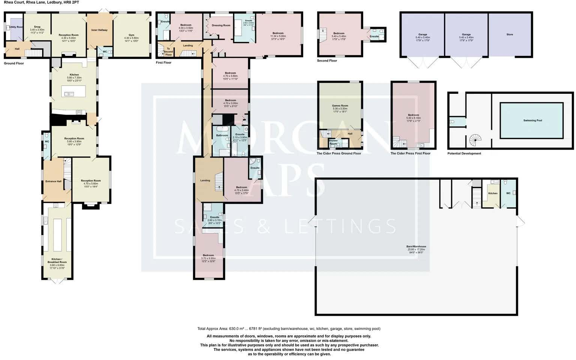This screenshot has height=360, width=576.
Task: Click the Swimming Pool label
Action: (533, 120)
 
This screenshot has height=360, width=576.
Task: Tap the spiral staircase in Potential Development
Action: (475, 141)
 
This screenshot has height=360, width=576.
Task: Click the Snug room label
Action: (37, 27)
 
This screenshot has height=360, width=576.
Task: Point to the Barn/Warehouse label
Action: (416, 247)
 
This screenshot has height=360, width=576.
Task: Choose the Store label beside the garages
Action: (510, 34)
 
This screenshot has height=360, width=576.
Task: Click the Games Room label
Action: (340, 106)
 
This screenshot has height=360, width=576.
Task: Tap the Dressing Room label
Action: (221, 25)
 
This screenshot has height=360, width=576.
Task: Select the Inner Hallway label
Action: (99, 30)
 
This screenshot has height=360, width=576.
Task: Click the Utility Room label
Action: (16, 27)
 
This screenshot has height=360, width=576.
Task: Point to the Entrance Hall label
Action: (53, 181)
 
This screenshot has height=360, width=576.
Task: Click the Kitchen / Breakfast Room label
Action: (57, 261)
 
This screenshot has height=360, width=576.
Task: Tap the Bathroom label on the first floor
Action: (222, 135)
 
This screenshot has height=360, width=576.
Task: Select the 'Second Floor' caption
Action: (327, 61)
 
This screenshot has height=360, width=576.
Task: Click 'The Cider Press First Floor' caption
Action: (410, 153)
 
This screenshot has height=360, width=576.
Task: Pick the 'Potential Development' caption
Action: (464, 153)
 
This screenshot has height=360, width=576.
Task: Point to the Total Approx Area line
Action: (289, 328)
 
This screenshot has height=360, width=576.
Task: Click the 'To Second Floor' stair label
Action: (168, 51)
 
